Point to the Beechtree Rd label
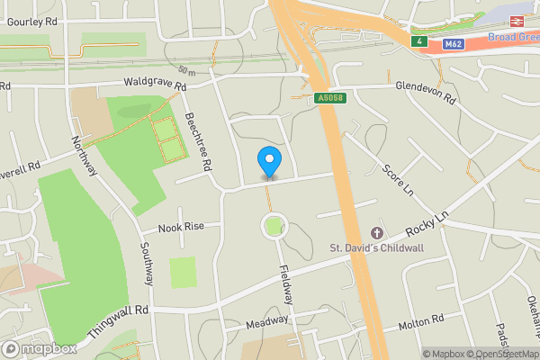tap(196, 142)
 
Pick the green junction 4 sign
tap(418, 42)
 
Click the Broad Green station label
tap(514, 37)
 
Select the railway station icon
tap(519, 21)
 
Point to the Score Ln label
tap(396, 181)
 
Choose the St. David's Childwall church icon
tap(376, 234)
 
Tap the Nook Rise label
tap(183, 228)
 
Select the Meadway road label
tap(267, 321)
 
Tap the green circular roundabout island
tap(273, 226)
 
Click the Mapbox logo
tap(38, 348)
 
